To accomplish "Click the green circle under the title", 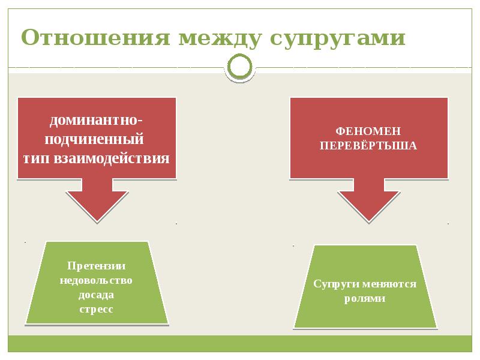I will click(x=240, y=67).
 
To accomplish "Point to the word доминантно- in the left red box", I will click(x=96, y=119).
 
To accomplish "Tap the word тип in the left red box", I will click(x=40, y=158).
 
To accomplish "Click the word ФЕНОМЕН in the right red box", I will click(x=368, y=131).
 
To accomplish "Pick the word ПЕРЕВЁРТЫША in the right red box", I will click(x=368, y=145).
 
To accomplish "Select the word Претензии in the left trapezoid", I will click(x=96, y=266).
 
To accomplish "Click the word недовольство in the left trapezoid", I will click(x=96, y=280).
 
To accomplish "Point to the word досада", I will click(x=96, y=295).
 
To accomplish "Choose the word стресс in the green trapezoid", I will click(x=96, y=309).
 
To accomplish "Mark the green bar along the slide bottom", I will click(x=240, y=343).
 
